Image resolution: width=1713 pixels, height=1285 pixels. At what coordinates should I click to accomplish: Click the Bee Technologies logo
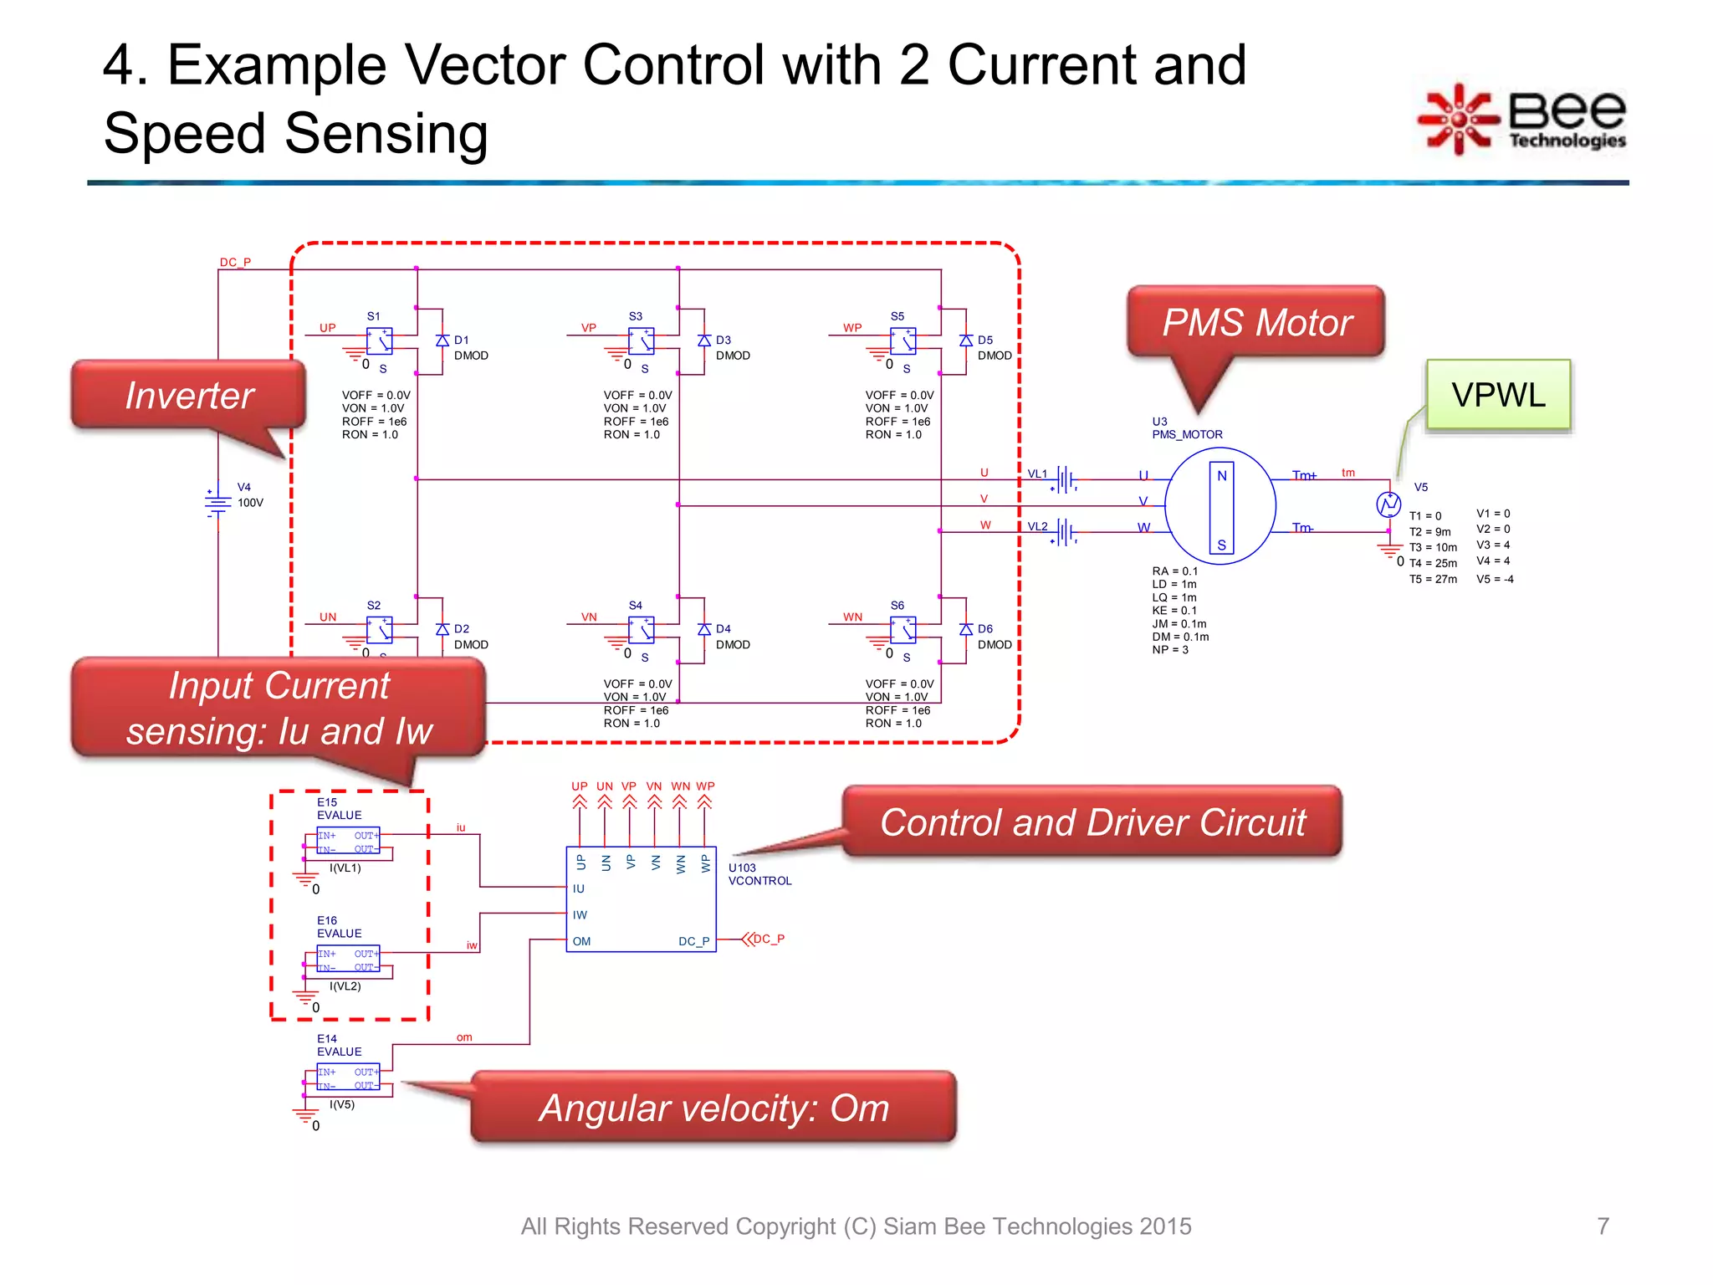pyautogui.click(x=1522, y=120)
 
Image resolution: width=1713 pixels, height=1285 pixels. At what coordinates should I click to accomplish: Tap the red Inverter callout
pyautogui.click(x=188, y=395)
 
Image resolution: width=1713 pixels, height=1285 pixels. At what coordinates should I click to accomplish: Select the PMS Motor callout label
pyautogui.click(x=1256, y=322)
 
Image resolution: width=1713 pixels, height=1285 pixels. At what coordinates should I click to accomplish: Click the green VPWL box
pyautogui.click(x=1498, y=395)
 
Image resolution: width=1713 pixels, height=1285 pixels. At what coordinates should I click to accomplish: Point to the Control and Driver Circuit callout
pyautogui.click(x=1092, y=822)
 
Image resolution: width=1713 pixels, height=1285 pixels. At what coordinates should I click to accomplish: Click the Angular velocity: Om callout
pyautogui.click(x=713, y=1108)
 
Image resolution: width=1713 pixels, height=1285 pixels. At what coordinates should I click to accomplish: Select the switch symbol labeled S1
pyautogui.click(x=380, y=340)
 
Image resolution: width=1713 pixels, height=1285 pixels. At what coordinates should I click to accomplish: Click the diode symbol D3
pyautogui.click(x=704, y=340)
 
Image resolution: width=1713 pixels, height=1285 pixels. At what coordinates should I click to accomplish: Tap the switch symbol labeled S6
pyautogui.click(x=903, y=629)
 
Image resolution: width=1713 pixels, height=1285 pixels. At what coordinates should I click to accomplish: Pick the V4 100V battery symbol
pyautogui.click(x=217, y=502)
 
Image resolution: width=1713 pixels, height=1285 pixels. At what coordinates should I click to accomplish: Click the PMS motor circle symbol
pyautogui.click(x=1220, y=506)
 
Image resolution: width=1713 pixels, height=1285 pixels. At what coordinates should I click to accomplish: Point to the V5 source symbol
pyautogui.click(x=1388, y=504)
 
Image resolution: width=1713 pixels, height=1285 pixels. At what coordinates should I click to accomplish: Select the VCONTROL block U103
pyautogui.click(x=641, y=899)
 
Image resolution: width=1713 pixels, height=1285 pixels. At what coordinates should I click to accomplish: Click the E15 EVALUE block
pyautogui.click(x=348, y=842)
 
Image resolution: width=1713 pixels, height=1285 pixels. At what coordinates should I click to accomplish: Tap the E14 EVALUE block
pyautogui.click(x=348, y=1078)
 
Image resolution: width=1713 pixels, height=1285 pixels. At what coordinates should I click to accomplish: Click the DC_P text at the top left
pyautogui.click(x=235, y=262)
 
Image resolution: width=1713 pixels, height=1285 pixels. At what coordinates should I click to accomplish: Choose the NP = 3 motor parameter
pyautogui.click(x=1169, y=650)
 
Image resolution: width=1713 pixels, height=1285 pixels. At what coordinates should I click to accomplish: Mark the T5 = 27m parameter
pyautogui.click(x=1432, y=579)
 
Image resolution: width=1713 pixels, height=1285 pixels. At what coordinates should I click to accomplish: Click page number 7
pyautogui.click(x=1603, y=1226)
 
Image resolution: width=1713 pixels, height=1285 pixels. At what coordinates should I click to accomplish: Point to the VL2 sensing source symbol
pyautogui.click(x=1065, y=532)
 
